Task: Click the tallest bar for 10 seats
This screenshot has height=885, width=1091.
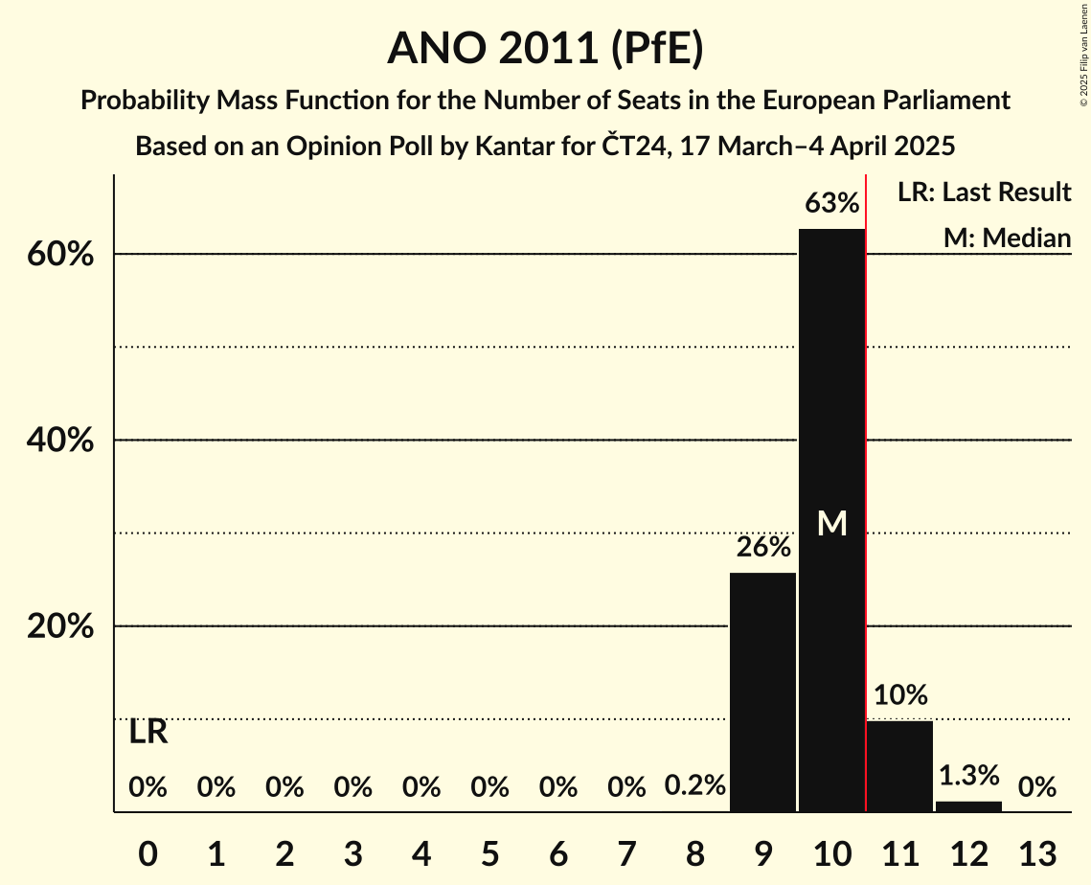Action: coord(831,520)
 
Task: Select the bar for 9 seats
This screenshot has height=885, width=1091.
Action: coord(762,692)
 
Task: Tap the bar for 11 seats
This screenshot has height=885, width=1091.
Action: coord(900,766)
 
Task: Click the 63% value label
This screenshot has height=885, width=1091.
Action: coord(831,203)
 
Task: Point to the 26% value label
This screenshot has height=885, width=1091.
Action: coord(762,547)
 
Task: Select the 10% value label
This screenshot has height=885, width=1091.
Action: coord(900,694)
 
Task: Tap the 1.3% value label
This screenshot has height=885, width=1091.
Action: coord(968,775)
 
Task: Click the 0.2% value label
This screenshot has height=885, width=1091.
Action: coord(694,786)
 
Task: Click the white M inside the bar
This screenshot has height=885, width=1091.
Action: coord(832,523)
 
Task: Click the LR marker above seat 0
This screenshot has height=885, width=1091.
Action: coord(148,733)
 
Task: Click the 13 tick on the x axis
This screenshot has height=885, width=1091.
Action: coord(1036,852)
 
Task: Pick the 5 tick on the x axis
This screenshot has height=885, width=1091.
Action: coord(489,852)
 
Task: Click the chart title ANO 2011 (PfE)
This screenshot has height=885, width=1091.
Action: coord(545,48)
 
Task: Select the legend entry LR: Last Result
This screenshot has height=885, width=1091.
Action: coord(984,193)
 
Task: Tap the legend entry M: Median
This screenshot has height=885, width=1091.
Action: coord(1007,238)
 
